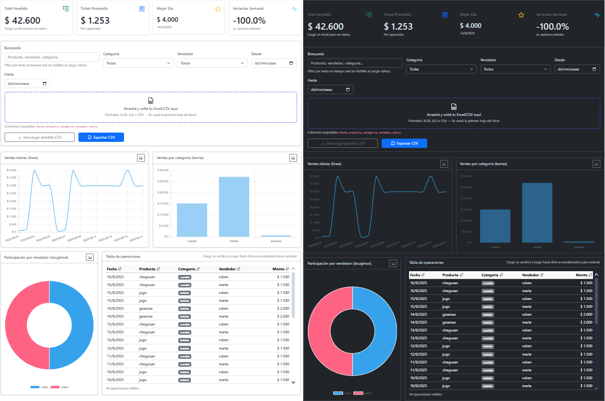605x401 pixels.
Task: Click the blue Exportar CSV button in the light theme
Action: pos(101,137)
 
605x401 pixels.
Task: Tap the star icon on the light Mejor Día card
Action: pos(218,9)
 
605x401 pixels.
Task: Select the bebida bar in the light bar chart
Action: pos(234,206)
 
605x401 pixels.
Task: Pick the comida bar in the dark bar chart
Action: pos(495,226)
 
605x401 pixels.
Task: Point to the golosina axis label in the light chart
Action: pos(276,241)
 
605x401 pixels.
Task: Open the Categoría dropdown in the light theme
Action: pos(138,63)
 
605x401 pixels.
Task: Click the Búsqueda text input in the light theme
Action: pos(52,57)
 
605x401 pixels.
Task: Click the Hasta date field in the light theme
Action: pos(27,83)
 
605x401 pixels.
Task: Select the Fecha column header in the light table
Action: pos(114,269)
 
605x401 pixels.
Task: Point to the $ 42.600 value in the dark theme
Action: pos(325,27)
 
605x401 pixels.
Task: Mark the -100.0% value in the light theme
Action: pos(249,20)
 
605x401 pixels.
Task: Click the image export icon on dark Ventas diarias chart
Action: pos(444,164)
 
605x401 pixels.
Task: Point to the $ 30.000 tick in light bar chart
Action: pos(163,170)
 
